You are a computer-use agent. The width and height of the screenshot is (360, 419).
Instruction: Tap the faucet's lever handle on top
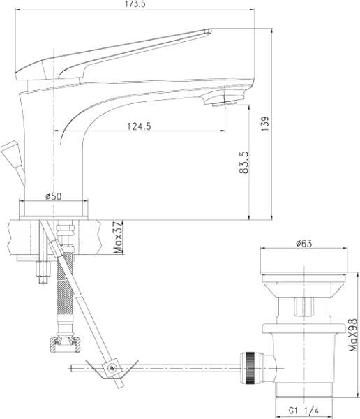pyautogui.click(x=112, y=52)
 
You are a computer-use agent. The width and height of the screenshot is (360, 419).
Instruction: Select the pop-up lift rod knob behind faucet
pyautogui.click(x=10, y=151)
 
